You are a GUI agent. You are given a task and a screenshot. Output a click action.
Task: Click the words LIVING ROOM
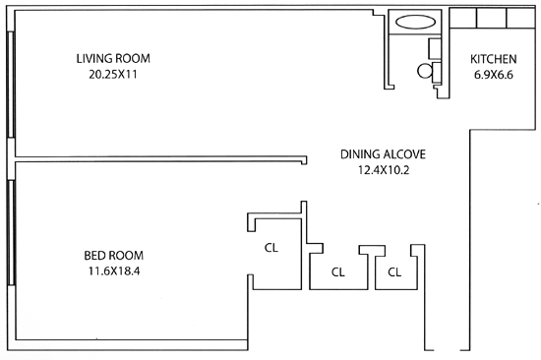pyautogui.click(x=113, y=58)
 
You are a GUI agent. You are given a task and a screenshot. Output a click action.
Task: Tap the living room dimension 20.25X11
pyautogui.click(x=113, y=74)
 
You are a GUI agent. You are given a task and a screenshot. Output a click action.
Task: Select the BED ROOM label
pyautogui.click(x=114, y=256)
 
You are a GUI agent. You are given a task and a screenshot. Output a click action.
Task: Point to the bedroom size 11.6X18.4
pyautogui.click(x=114, y=271)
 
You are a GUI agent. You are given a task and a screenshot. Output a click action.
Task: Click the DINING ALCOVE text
pyautogui.click(x=383, y=154)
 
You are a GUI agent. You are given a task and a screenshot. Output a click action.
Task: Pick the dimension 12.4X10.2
pyautogui.click(x=384, y=170)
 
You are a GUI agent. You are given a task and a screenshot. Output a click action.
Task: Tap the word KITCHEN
pyautogui.click(x=494, y=59)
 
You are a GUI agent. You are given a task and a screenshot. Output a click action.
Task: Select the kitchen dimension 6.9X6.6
pyautogui.click(x=494, y=75)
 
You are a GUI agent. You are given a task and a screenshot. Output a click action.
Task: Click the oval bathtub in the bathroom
pyautogui.click(x=415, y=22)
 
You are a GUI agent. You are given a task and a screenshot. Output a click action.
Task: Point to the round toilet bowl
pyautogui.click(x=425, y=71)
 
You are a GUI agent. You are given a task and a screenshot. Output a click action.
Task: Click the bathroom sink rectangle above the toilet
pyautogui.click(x=435, y=48)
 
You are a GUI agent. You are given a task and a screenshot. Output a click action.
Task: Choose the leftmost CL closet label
pyautogui.click(x=271, y=248)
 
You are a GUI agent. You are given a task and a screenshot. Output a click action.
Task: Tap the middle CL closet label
pyautogui.click(x=338, y=272)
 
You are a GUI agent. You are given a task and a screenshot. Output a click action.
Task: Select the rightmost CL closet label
pyautogui.click(x=394, y=272)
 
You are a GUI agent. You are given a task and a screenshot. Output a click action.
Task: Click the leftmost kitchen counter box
pyautogui.click(x=463, y=18)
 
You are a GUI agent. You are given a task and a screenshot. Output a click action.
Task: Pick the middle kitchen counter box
pyautogui.click(x=492, y=18)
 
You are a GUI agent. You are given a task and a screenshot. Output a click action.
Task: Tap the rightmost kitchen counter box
pyautogui.click(x=520, y=18)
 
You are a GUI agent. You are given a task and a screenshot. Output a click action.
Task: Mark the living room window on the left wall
pyautogui.click(x=11, y=85)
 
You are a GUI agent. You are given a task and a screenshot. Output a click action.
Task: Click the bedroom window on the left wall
pyautogui.click(x=11, y=232)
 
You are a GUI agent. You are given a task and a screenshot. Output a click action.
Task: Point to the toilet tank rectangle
pyautogui.click(x=437, y=73)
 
